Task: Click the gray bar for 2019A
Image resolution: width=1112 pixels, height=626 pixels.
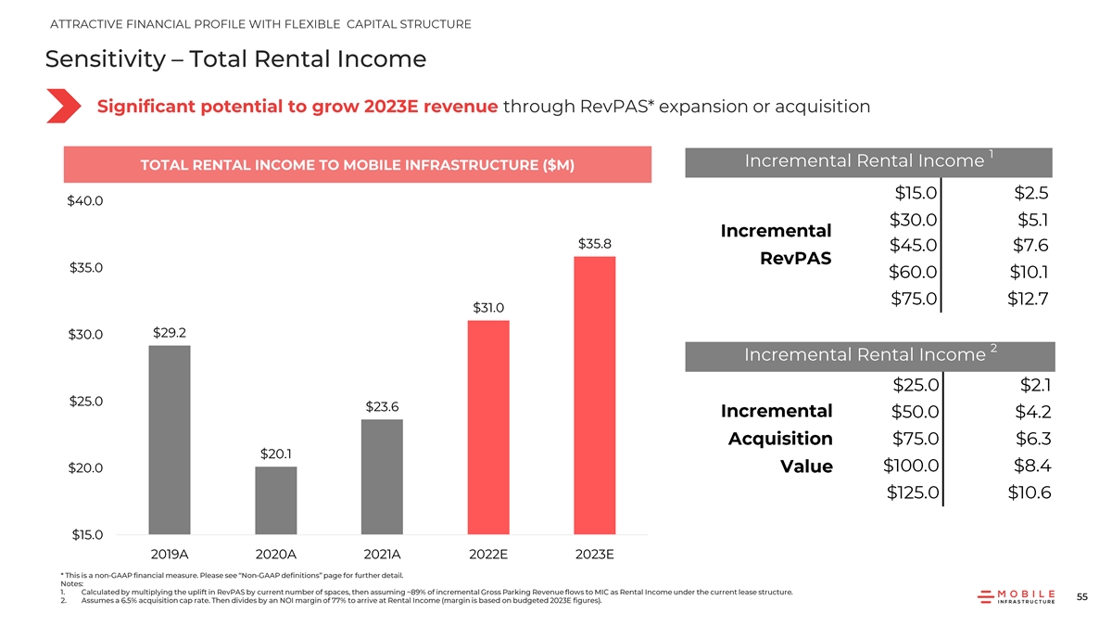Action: click(170, 440)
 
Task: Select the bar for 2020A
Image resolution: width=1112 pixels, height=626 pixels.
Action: click(276, 500)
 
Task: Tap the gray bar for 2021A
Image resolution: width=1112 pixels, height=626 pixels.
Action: click(383, 477)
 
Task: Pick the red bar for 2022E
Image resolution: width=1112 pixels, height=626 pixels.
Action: click(488, 427)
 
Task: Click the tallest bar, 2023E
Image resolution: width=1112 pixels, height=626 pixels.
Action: click(595, 395)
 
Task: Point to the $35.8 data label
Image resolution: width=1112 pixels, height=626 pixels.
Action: click(595, 244)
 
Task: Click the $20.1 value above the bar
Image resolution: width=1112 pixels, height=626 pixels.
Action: click(276, 454)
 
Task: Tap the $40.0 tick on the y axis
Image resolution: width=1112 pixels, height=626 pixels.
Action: click(85, 201)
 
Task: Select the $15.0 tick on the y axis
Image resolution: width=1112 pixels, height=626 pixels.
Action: click(85, 535)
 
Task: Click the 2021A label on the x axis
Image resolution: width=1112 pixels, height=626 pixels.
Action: click(383, 556)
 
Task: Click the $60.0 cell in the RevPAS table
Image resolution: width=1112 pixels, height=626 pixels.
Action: click(914, 273)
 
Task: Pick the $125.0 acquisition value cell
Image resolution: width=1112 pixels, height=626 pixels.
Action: click(914, 492)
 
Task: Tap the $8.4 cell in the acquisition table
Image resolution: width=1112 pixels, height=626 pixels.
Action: click(1029, 466)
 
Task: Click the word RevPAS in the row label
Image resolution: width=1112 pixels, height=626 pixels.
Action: click(795, 259)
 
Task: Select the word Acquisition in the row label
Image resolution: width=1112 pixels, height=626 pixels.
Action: click(780, 439)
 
